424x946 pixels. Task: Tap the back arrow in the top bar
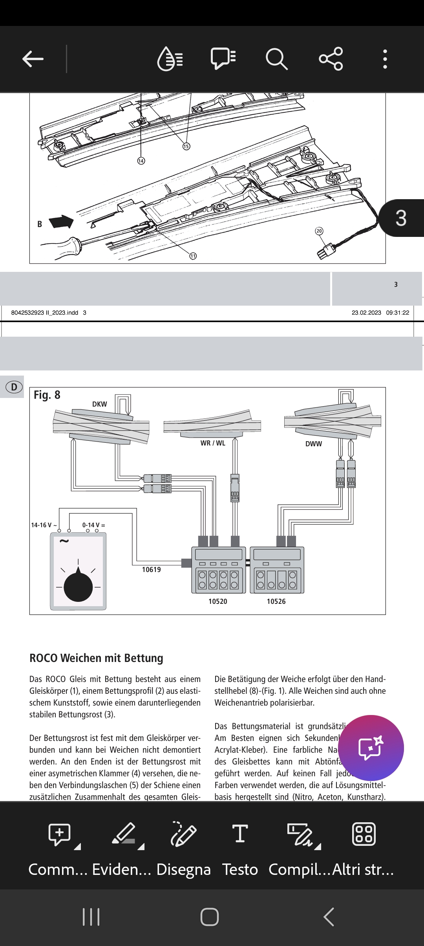[33, 59]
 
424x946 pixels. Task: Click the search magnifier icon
[276, 59]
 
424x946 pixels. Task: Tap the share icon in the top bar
[331, 59]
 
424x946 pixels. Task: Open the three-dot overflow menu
[385, 59]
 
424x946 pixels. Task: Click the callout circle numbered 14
[141, 161]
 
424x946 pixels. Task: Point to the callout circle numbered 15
[186, 146]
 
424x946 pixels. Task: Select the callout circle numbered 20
[319, 231]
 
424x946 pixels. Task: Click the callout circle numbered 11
[193, 256]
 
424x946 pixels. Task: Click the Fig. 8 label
[47, 395]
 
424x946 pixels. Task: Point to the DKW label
[99, 404]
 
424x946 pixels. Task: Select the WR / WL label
[213, 443]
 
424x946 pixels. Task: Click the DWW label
[314, 444]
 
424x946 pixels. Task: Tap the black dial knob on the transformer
[78, 587]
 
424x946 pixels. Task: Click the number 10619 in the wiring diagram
[152, 570]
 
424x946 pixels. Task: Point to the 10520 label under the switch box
[218, 601]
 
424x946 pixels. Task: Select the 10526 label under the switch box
[276, 601]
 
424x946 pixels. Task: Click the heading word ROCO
[44, 658]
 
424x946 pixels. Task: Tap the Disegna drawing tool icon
[183, 834]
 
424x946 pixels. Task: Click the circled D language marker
[14, 387]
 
